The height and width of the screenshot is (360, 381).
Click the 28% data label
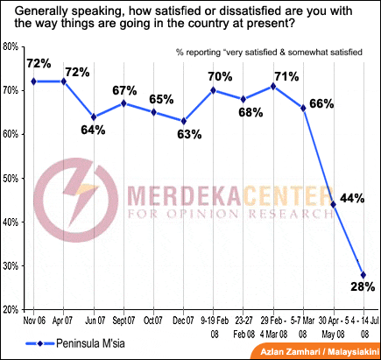(x=362, y=286)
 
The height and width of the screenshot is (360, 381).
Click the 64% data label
(x=93, y=131)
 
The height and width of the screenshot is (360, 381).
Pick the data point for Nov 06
(x=33, y=81)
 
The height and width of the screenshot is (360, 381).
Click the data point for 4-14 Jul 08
(x=363, y=274)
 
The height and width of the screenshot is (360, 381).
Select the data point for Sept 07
(x=123, y=103)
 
